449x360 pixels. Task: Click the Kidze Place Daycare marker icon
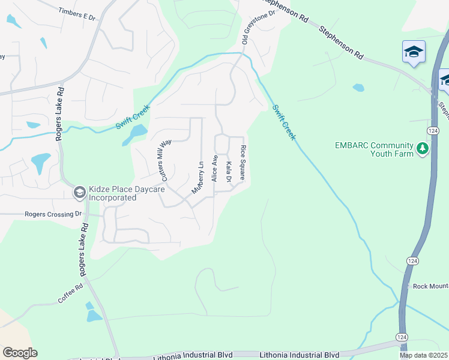[79, 193]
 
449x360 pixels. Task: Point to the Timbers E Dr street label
[77, 14]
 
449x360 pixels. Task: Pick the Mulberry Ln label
[199, 178]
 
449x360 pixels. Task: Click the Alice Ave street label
[214, 169]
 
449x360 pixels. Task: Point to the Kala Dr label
[229, 172]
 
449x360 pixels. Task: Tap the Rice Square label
[243, 163]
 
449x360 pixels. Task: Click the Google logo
[20, 353]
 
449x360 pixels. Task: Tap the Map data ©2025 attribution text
[423, 355]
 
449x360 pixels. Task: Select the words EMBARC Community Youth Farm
[374, 149]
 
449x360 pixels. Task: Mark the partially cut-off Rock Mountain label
[430, 286]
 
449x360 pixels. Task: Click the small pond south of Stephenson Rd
[358, 88]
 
